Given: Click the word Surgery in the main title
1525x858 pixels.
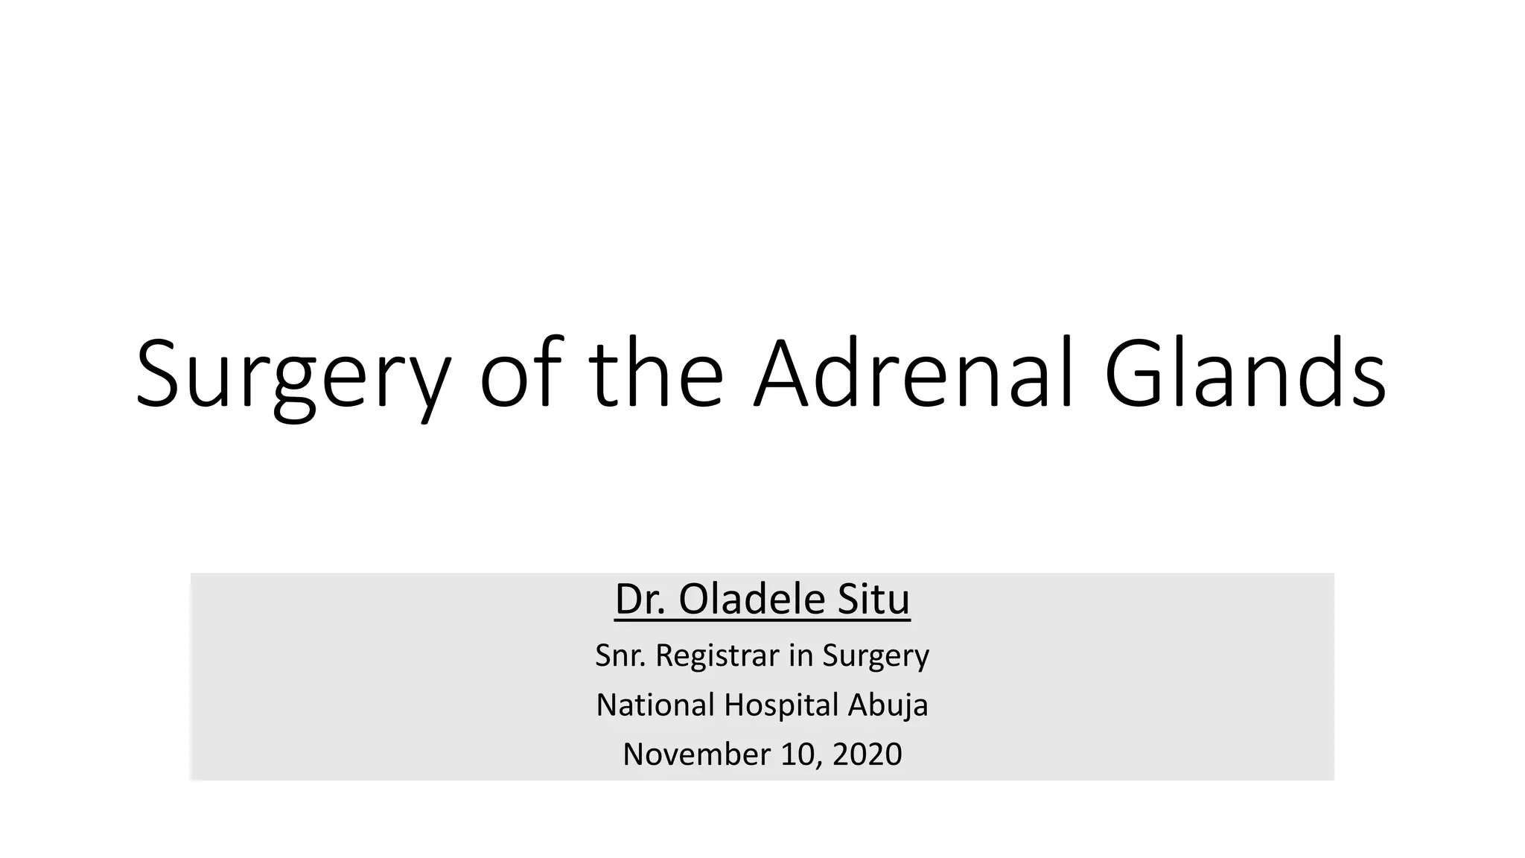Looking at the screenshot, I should click(293, 376).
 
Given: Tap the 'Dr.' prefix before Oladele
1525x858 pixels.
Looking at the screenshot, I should click(640, 600).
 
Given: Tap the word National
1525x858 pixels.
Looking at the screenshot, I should click(655, 705).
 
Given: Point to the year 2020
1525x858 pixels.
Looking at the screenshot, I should click(867, 754).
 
